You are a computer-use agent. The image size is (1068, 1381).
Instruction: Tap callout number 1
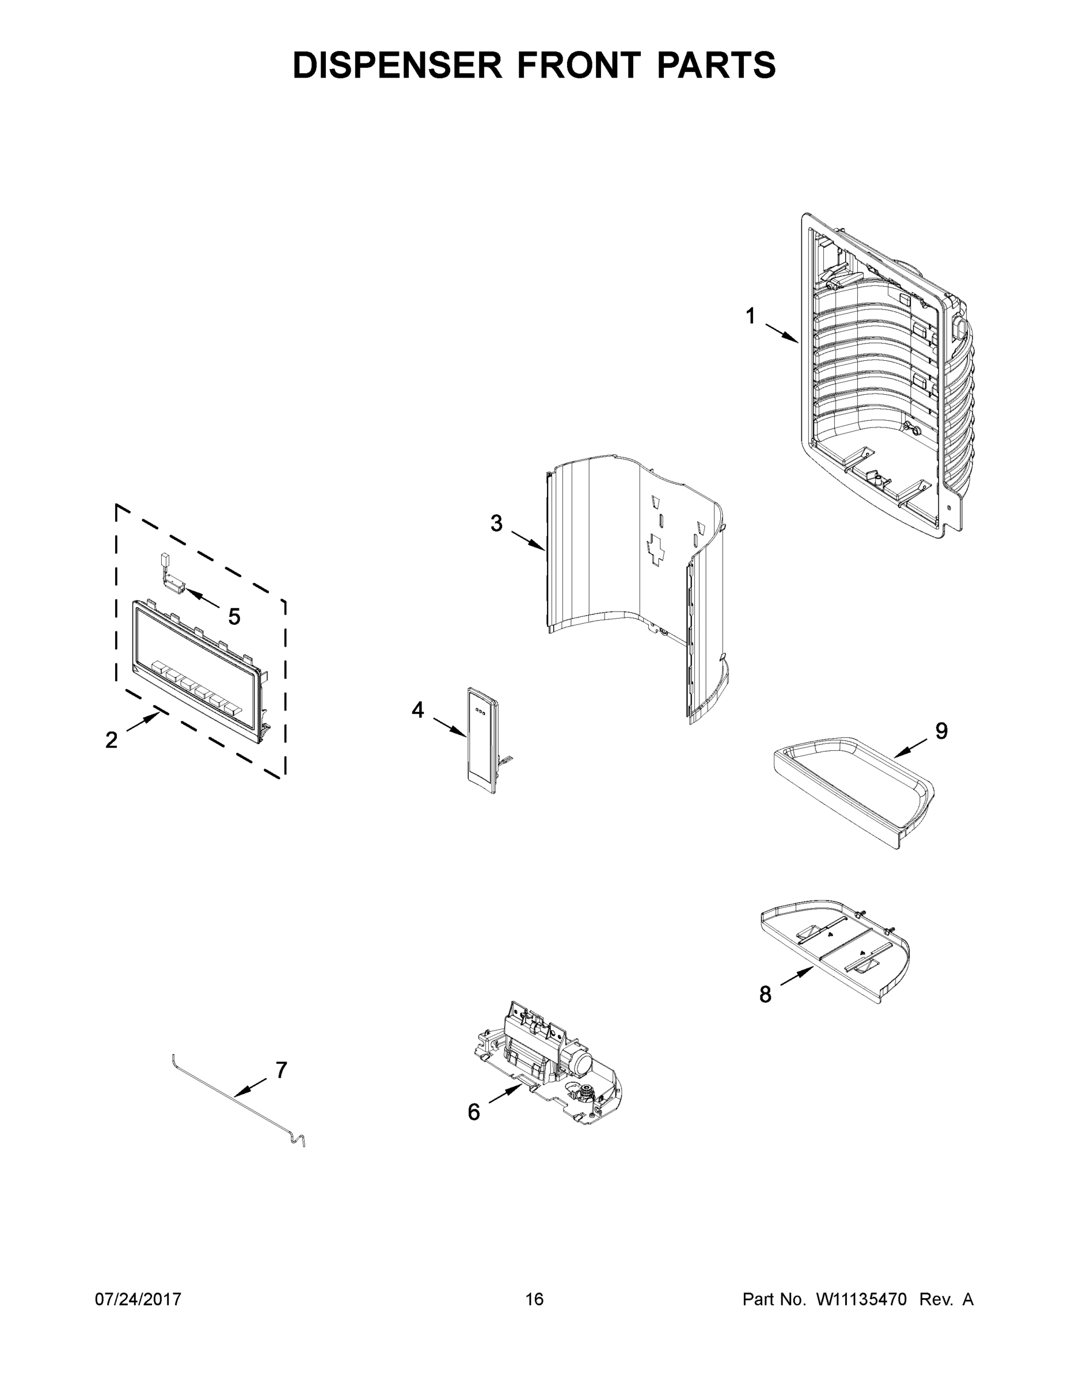point(750,316)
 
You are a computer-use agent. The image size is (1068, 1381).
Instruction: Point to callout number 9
point(941,731)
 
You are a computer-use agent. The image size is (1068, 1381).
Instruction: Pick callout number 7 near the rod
point(282,1070)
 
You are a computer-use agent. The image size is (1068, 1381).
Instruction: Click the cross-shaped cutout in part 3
point(655,548)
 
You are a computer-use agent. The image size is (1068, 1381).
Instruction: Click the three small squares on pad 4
point(480,711)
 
